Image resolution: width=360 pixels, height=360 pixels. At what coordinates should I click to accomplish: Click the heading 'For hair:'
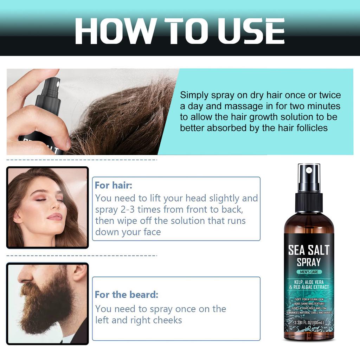(114, 185)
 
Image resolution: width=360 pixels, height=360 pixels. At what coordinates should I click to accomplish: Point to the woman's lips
(55, 217)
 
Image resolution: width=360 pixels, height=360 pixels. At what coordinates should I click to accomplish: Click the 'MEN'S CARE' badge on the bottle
(309, 271)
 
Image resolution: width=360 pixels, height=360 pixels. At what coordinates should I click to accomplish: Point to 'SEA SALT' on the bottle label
(309, 250)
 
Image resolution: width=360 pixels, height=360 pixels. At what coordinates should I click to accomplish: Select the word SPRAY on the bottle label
(309, 262)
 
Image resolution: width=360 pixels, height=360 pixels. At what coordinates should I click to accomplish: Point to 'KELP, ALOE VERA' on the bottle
(309, 282)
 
